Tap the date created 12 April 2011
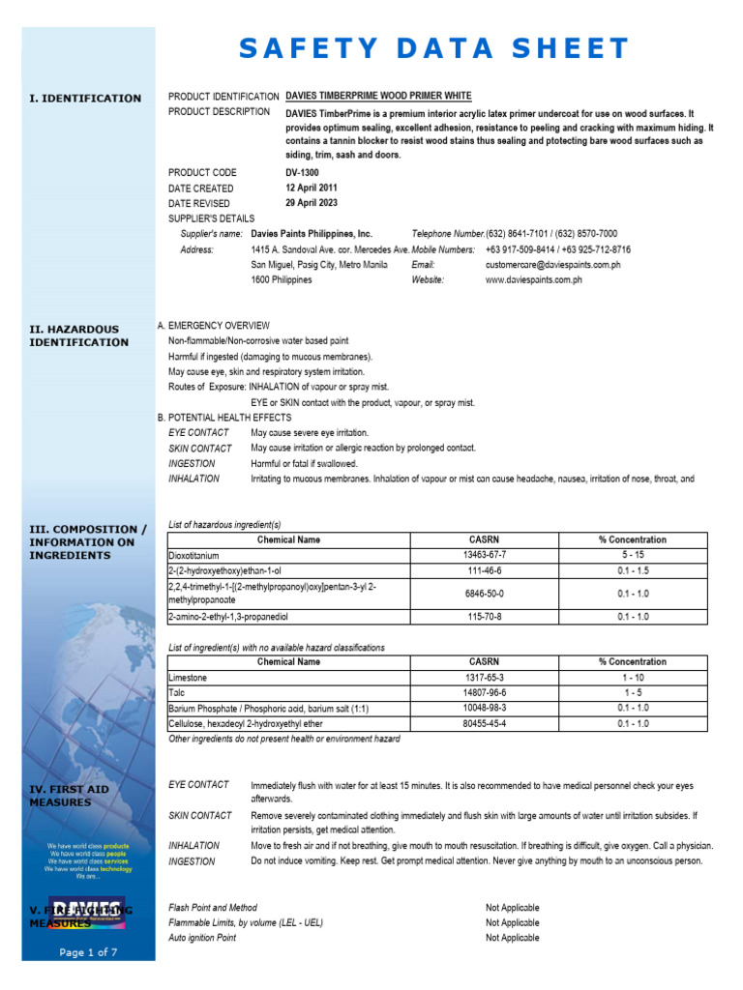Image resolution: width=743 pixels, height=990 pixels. [x=312, y=189]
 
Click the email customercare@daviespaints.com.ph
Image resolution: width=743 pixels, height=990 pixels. [x=552, y=265]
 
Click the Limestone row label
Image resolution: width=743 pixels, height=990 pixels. [x=189, y=678]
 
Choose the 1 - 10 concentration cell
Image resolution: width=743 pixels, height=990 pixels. [x=632, y=678]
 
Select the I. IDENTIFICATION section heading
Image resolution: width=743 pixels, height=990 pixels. [x=85, y=99]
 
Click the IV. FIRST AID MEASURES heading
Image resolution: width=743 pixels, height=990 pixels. [x=69, y=796]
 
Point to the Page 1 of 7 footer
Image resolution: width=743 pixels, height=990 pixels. [x=88, y=952]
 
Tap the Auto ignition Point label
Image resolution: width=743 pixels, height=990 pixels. [x=202, y=938]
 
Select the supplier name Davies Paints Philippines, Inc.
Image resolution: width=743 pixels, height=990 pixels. [x=312, y=234]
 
